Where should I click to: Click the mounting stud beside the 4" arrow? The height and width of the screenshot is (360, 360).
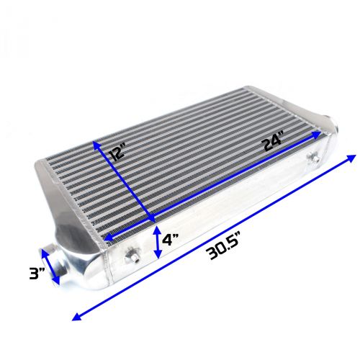click(x=134, y=253)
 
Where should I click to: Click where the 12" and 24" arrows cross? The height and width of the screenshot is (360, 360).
click(x=152, y=219)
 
